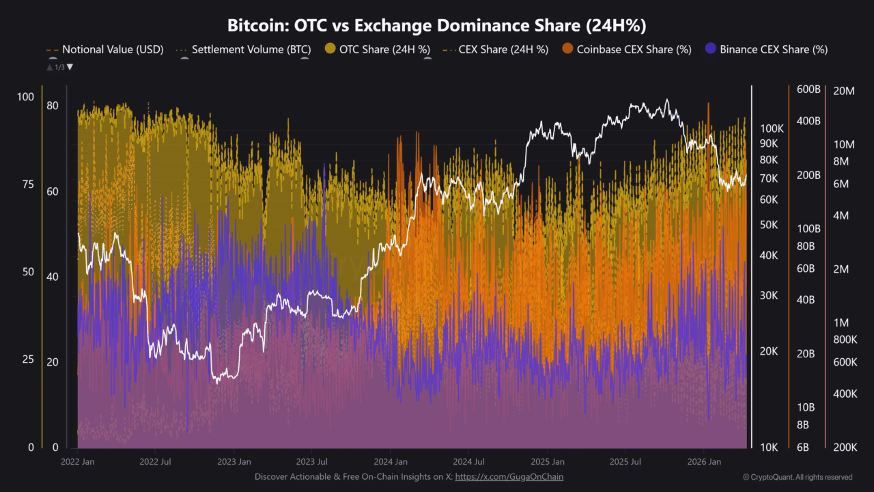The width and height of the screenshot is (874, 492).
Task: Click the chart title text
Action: [436, 26]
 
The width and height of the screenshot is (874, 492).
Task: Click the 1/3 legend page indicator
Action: [59, 67]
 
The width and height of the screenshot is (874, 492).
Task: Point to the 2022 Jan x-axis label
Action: [78, 462]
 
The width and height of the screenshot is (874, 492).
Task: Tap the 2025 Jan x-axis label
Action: [548, 462]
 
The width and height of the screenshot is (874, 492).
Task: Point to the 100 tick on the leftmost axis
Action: [25, 97]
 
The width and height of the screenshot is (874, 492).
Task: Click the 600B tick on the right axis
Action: [808, 90]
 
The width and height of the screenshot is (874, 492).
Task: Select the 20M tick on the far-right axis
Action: [845, 90]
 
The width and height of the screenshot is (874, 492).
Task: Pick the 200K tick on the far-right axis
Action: [845, 448]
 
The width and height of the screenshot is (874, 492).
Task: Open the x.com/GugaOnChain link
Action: [509, 477]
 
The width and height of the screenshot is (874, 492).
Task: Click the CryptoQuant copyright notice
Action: [797, 477]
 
